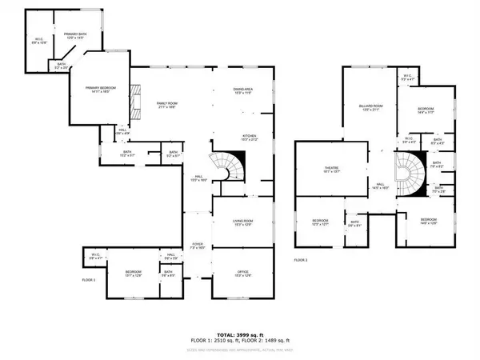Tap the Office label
pos(242,274)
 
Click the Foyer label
pos(197,246)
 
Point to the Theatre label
pos(331,169)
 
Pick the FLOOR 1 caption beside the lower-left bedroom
pos(89,280)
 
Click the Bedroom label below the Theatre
pos(319,221)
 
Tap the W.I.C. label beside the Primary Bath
pos(38,39)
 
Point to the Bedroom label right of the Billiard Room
pos(426,110)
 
